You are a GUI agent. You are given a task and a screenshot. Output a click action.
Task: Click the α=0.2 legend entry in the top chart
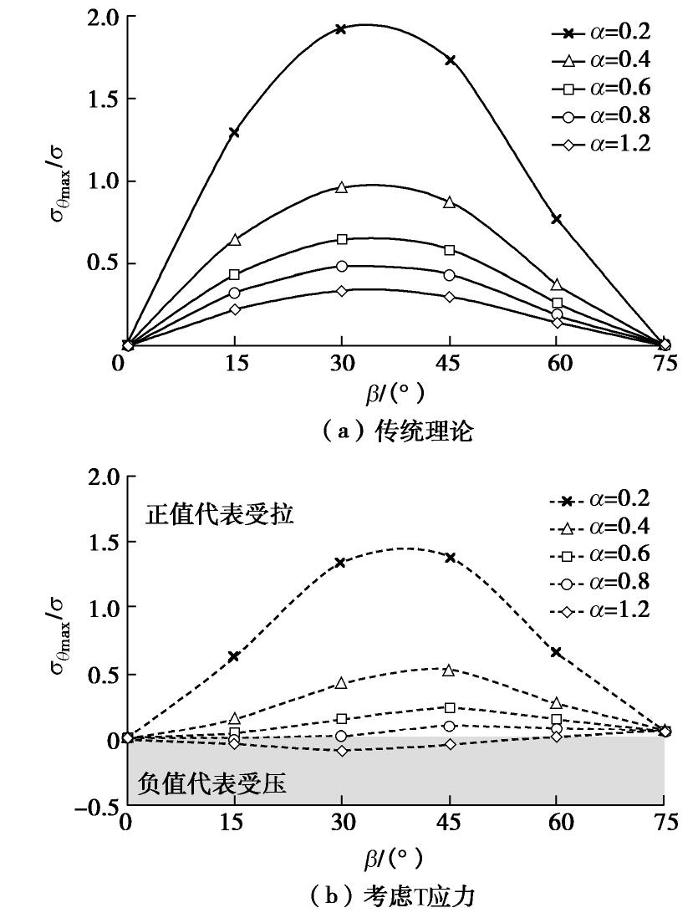600,32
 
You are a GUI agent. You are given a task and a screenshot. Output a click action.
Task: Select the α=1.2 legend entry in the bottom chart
600,609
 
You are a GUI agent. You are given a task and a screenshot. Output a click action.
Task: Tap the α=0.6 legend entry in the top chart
600,88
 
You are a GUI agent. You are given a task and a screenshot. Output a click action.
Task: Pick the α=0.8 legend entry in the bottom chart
600,581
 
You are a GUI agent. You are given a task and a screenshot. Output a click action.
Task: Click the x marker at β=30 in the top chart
340,29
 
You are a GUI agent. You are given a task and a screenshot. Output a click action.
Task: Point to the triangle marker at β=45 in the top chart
450,202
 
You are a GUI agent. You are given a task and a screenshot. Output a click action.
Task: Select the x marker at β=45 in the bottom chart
450,557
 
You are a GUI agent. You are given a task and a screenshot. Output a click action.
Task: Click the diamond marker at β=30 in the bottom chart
340,751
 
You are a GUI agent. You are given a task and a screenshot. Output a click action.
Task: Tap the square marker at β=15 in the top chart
234,274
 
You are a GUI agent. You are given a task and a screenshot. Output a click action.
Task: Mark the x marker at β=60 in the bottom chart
556,652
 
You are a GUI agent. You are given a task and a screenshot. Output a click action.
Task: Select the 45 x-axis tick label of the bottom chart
450,825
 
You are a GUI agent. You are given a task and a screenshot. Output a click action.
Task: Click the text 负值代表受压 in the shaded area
212,783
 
